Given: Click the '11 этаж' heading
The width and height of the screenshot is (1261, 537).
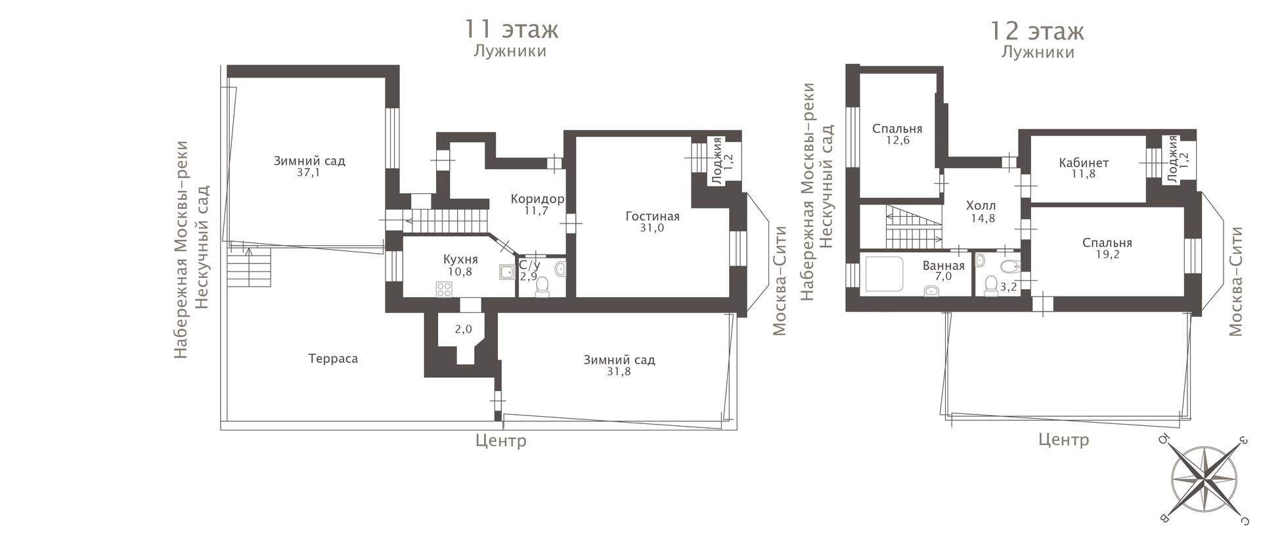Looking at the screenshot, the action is [x=511, y=30].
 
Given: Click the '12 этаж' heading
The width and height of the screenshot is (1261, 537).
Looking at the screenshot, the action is [x=1037, y=31].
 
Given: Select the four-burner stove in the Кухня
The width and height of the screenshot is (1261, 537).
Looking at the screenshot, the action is [x=444, y=289].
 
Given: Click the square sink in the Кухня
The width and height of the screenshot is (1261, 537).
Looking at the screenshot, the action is [x=507, y=272].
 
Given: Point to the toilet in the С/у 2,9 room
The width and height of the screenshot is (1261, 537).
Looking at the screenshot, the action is [x=542, y=287].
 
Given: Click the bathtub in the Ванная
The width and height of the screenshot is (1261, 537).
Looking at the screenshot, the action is [x=885, y=274].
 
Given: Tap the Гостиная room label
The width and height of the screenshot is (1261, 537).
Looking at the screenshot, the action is [x=652, y=216].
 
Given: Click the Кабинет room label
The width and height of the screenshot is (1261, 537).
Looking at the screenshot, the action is [x=1084, y=163].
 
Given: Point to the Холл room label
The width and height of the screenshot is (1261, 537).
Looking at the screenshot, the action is [x=981, y=206].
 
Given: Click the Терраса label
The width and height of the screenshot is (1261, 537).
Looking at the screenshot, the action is [x=333, y=358].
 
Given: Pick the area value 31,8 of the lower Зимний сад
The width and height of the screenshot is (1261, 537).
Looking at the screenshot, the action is [x=619, y=372].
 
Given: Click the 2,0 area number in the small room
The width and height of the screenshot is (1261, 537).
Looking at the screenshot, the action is [x=464, y=329].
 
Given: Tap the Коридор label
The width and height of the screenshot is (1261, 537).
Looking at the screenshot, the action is [x=537, y=198].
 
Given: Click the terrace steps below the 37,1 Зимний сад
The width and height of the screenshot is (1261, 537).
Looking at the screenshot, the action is [x=250, y=265].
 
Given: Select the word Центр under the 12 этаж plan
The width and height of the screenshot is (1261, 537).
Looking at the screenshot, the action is [x=1063, y=440].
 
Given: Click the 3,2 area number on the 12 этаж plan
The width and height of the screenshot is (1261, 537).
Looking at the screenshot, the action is [x=1008, y=287].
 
